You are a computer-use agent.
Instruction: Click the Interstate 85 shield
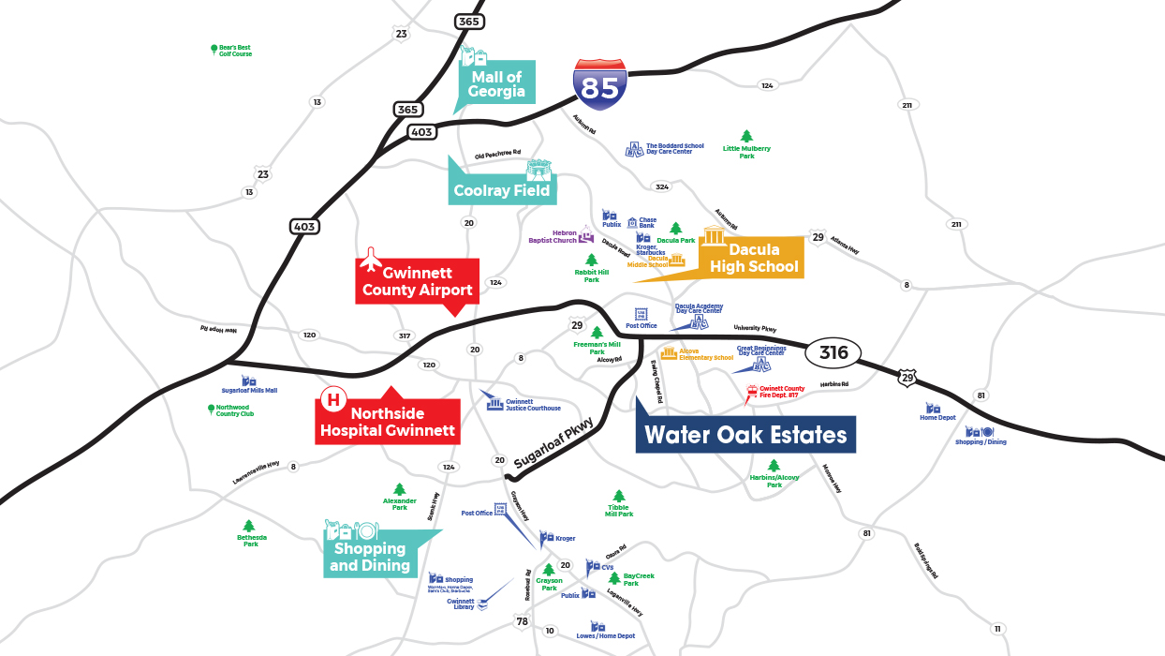tap(600, 85)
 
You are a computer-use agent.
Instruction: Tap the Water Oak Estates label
tap(745, 435)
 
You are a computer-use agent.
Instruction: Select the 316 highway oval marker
tap(833, 352)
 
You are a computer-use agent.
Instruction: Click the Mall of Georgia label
tap(496, 84)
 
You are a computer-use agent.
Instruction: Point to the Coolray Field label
tap(502, 190)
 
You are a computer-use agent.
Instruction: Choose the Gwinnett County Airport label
tap(418, 281)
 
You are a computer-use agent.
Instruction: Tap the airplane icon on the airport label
tap(372, 257)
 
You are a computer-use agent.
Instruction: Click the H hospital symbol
tap(332, 401)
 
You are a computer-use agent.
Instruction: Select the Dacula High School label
tap(754, 258)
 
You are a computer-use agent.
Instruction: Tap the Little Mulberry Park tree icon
tap(746, 137)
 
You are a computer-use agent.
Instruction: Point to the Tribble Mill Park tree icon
tap(618, 497)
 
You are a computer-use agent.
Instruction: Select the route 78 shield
tap(522, 622)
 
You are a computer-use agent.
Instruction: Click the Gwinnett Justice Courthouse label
tap(533, 404)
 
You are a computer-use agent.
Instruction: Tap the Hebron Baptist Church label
tap(553, 236)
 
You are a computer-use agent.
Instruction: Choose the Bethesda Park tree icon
tap(248, 527)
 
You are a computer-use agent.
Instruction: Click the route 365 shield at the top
tap(468, 21)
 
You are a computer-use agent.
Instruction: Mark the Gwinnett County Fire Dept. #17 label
tap(782, 392)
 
